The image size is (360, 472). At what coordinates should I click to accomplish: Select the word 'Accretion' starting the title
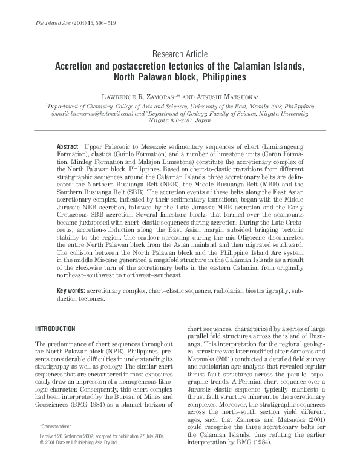tap(78, 65)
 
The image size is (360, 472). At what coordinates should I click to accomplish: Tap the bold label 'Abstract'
tap(67, 147)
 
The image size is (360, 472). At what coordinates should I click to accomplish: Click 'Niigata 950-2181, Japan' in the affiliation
tap(180, 120)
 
